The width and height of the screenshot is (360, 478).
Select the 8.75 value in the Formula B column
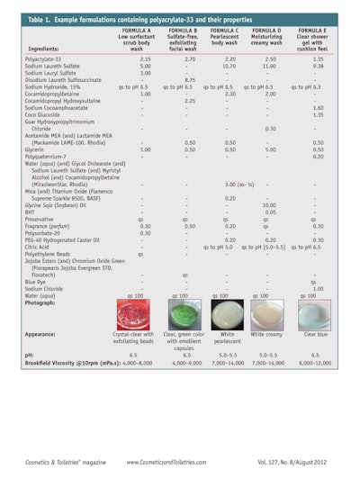point(189,79)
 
